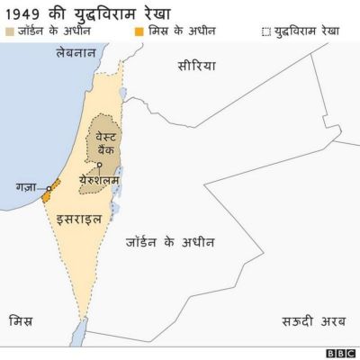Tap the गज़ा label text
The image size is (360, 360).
(x=25, y=187)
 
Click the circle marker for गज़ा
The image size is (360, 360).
(x=49, y=188)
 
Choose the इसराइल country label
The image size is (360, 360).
(x=77, y=219)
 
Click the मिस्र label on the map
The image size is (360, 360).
(x=21, y=320)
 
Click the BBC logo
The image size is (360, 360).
(x=340, y=352)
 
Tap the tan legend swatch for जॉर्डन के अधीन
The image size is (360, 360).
(x=10, y=31)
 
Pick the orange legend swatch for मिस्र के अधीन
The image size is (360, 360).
(x=140, y=31)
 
